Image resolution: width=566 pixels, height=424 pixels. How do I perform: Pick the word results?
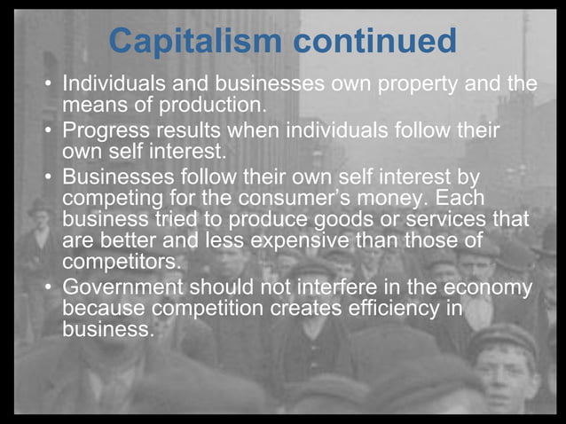(x=196, y=130)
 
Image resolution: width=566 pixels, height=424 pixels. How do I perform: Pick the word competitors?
(x=121, y=263)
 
